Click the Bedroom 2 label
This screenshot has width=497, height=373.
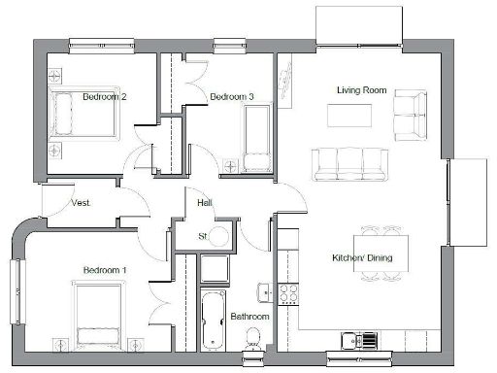point(105,96)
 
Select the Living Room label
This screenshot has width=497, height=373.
point(361,89)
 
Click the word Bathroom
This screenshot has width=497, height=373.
point(249,317)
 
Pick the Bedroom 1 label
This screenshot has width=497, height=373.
point(105,269)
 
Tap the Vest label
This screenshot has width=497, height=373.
point(81,202)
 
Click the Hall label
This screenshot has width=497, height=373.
point(205,203)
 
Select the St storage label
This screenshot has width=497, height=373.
point(204,236)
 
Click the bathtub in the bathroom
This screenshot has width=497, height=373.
point(211,318)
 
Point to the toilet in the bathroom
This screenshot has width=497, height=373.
point(253,339)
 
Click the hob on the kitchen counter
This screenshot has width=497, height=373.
point(287,290)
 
